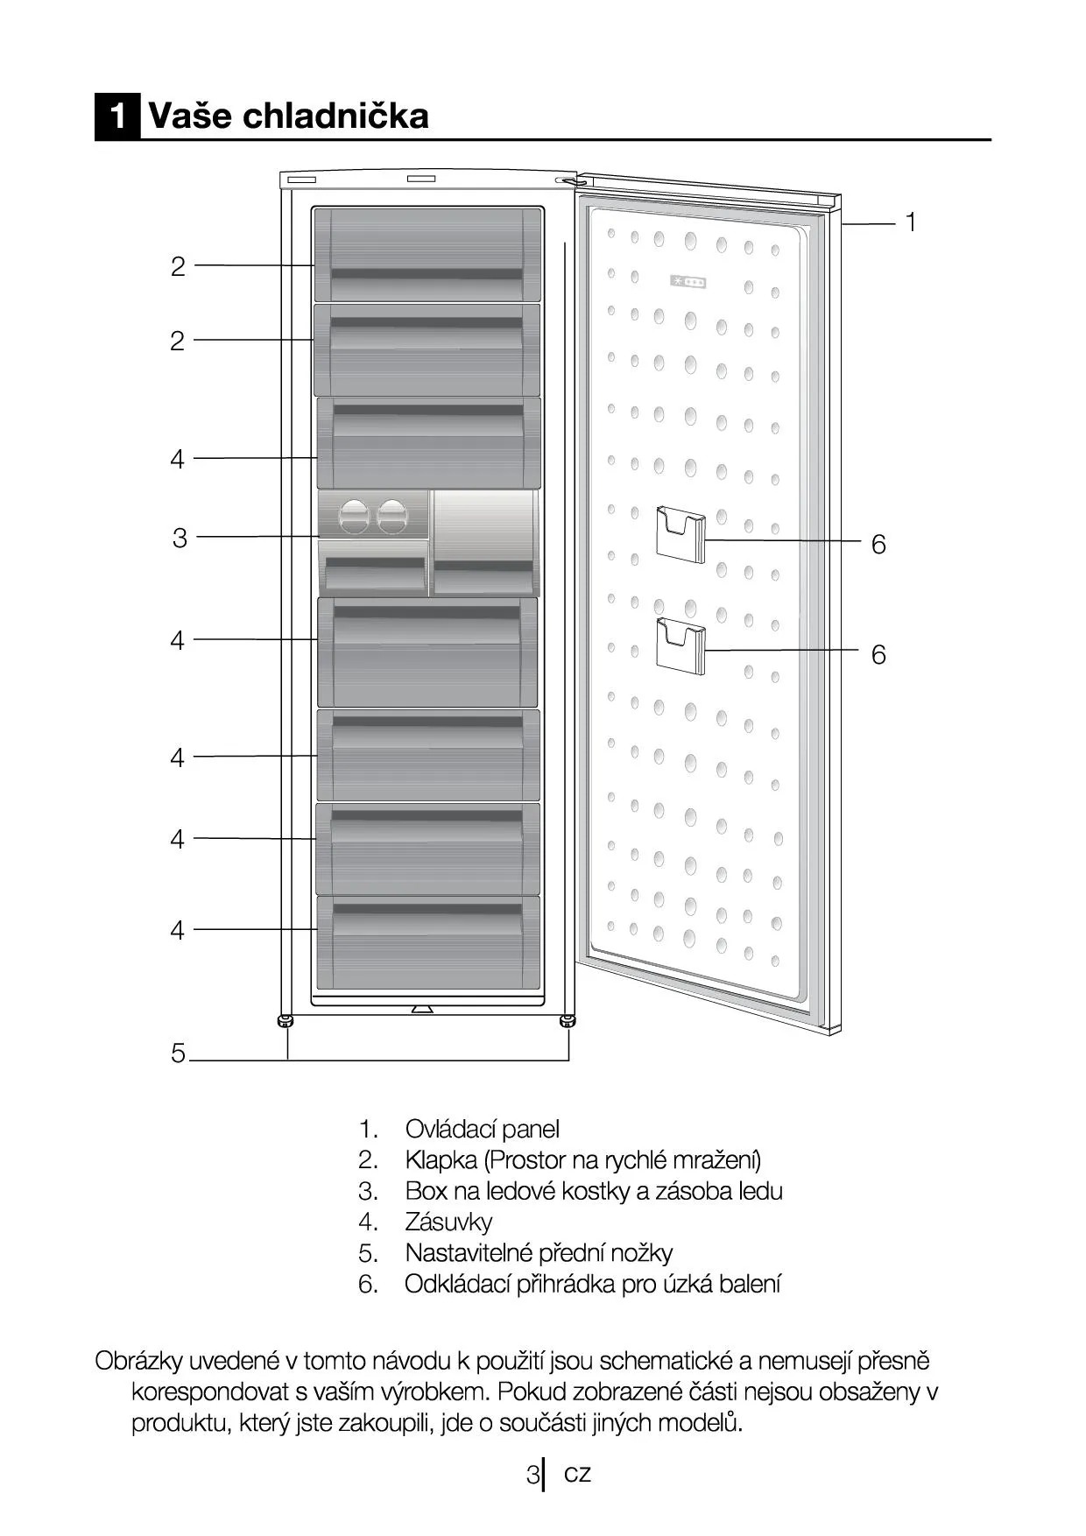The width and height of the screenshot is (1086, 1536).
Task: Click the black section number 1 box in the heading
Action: [x=117, y=116]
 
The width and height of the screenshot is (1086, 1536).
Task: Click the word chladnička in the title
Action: [x=335, y=115]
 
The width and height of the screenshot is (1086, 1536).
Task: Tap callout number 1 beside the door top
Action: [x=911, y=222]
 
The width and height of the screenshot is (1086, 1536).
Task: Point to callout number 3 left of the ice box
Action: [x=180, y=538]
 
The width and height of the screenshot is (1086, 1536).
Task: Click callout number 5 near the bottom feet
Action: [x=179, y=1053]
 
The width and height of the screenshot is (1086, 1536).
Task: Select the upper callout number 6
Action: [x=878, y=545]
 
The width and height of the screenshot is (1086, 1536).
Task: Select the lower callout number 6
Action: [x=878, y=655]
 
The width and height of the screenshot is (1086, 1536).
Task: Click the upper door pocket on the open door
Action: [x=681, y=534]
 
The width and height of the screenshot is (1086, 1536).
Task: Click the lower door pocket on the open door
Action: [x=681, y=645]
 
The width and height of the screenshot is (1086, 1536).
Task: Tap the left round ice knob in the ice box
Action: [x=355, y=516]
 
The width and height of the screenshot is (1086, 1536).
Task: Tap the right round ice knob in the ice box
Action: [x=392, y=516]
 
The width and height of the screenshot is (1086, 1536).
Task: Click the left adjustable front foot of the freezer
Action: [x=286, y=1021]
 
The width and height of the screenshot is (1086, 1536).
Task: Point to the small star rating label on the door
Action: [x=688, y=282]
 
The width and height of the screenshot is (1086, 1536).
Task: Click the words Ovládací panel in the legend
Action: [x=482, y=1130]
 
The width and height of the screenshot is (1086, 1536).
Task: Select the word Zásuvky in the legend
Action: [x=448, y=1222]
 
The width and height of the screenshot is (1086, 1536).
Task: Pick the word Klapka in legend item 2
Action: [x=441, y=1160]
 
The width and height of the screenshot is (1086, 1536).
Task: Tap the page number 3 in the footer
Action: [x=532, y=1475]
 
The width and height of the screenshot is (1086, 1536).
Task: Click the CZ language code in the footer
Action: [x=577, y=1474]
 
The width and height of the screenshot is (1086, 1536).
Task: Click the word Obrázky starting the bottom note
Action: [x=138, y=1361]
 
